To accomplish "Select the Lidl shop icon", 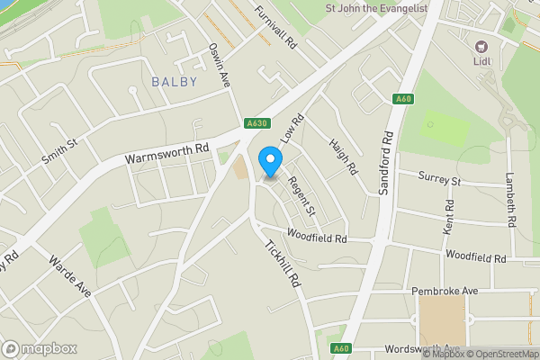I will [x=480, y=46].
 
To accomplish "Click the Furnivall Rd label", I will [x=275, y=27].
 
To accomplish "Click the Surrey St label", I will [x=441, y=181].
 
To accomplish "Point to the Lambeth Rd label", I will [x=511, y=198].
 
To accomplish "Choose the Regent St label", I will [x=301, y=195].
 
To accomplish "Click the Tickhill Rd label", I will [x=282, y=262].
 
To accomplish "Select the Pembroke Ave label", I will [x=444, y=292].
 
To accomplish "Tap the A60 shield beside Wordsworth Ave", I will [x=339, y=348].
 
